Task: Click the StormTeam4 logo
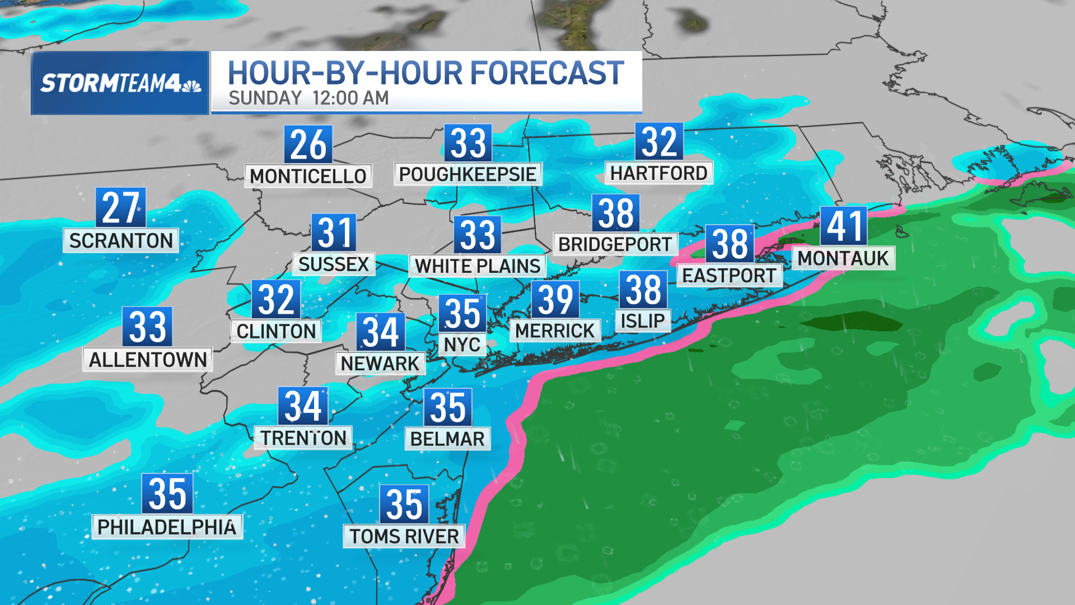click(120, 83)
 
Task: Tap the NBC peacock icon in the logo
click(191, 85)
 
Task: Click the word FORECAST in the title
click(546, 73)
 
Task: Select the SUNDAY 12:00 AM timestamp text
click(309, 98)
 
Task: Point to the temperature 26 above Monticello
click(308, 145)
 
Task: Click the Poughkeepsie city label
click(468, 174)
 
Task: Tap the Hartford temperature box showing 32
click(659, 142)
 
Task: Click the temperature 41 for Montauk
click(844, 226)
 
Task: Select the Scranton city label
click(121, 240)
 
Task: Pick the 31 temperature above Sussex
click(334, 232)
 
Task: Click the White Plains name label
click(478, 266)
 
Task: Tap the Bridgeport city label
click(615, 244)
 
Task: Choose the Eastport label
click(730, 276)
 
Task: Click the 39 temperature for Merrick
click(555, 300)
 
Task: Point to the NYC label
click(462, 344)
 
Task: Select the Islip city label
click(643, 321)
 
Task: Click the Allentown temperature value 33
click(147, 327)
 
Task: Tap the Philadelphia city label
click(167, 527)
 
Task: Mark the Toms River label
click(404, 536)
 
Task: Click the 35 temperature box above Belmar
click(448, 407)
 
